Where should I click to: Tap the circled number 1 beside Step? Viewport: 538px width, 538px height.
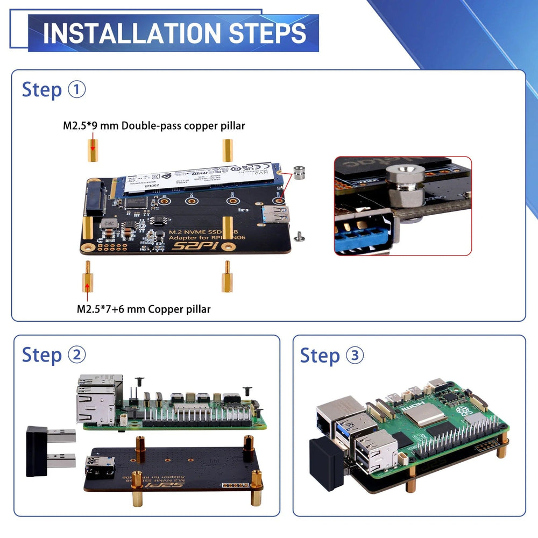(x=77, y=89)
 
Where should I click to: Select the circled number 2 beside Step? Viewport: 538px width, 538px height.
(x=77, y=355)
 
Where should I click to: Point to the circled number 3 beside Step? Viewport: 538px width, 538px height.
(x=355, y=355)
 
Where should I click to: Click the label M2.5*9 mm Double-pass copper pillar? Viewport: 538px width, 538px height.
(x=154, y=126)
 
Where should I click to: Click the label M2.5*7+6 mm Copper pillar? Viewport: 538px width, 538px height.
(x=144, y=309)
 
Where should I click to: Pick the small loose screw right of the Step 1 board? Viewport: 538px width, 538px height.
(x=300, y=235)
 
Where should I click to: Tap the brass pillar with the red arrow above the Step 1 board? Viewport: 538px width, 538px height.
(x=92, y=151)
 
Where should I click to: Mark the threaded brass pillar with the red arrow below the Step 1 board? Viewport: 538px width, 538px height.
(x=86, y=278)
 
